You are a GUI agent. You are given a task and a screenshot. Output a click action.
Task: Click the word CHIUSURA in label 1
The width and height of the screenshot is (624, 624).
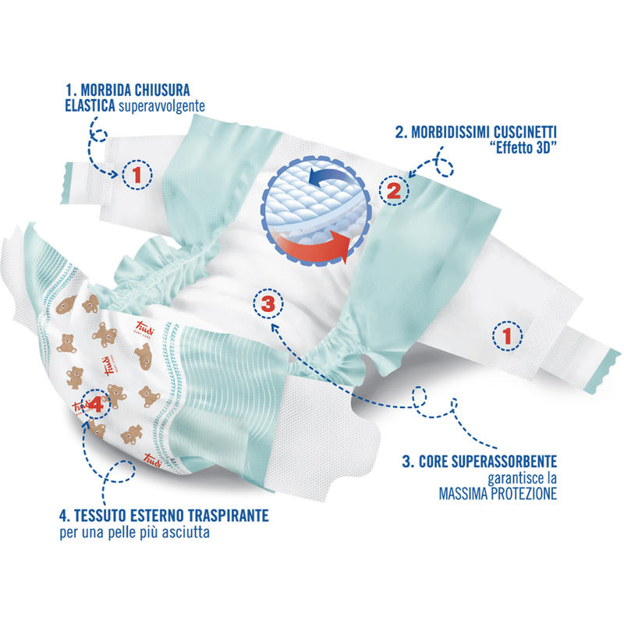(162, 90)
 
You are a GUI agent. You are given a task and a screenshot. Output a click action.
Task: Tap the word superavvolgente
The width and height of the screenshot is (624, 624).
(162, 106)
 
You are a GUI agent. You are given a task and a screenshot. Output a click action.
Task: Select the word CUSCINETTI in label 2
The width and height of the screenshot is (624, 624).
(525, 132)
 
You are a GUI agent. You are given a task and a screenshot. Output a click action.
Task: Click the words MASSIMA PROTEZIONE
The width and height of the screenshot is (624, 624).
(498, 494)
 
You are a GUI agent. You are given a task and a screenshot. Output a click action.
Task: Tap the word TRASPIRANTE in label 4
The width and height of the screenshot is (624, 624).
(229, 516)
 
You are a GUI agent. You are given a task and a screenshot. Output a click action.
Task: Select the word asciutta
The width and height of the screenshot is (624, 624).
(186, 532)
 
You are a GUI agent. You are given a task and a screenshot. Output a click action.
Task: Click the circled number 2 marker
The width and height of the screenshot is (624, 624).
(394, 191)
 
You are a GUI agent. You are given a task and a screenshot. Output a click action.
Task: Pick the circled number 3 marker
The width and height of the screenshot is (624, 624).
(268, 303)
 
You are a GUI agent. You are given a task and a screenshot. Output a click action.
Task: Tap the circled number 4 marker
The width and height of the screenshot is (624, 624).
(95, 404)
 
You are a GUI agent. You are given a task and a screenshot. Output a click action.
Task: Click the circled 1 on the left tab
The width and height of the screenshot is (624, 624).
(137, 175)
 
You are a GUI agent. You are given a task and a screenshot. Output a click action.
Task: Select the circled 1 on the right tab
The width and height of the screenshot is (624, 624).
(508, 336)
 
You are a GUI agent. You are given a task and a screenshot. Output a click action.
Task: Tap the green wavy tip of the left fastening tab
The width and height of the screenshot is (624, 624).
(67, 183)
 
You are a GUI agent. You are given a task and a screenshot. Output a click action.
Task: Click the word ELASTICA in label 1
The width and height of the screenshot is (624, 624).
(90, 106)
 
